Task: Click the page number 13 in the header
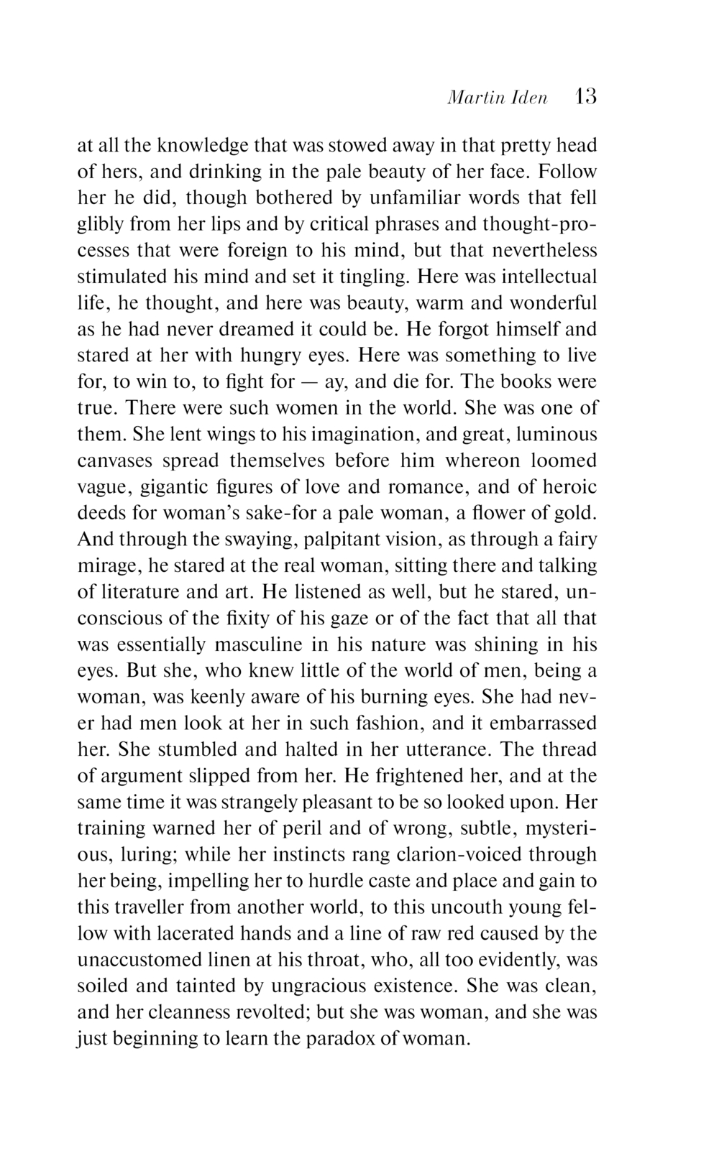point(586,96)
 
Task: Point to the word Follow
point(567,172)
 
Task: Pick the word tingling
point(373,277)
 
